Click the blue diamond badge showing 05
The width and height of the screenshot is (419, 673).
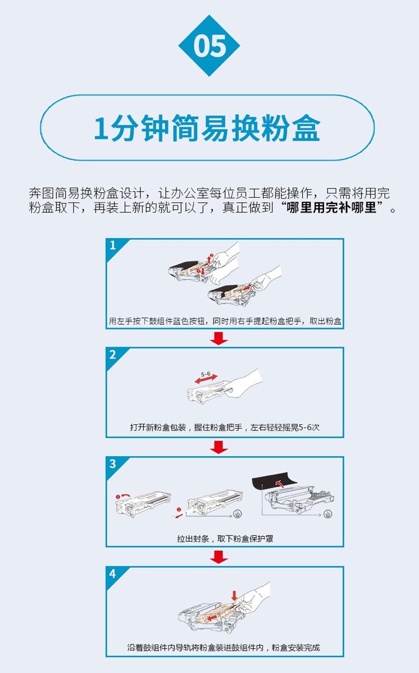click(209, 46)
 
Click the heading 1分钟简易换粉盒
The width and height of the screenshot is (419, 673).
click(207, 128)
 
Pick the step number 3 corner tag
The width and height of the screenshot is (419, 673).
click(113, 464)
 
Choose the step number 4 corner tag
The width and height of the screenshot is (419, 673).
click(113, 574)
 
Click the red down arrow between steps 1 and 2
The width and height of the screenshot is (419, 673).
click(220, 338)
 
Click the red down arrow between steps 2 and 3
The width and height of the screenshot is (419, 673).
click(220, 447)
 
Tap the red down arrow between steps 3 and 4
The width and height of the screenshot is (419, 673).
click(220, 557)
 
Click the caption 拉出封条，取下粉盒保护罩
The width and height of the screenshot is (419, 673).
click(225, 539)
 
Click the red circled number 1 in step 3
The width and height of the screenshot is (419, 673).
click(118, 496)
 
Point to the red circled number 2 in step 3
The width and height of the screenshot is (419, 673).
click(178, 510)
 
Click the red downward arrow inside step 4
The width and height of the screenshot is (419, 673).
click(234, 596)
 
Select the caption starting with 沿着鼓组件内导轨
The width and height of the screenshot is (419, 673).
click(223, 648)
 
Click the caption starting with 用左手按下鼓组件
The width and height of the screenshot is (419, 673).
click(225, 321)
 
